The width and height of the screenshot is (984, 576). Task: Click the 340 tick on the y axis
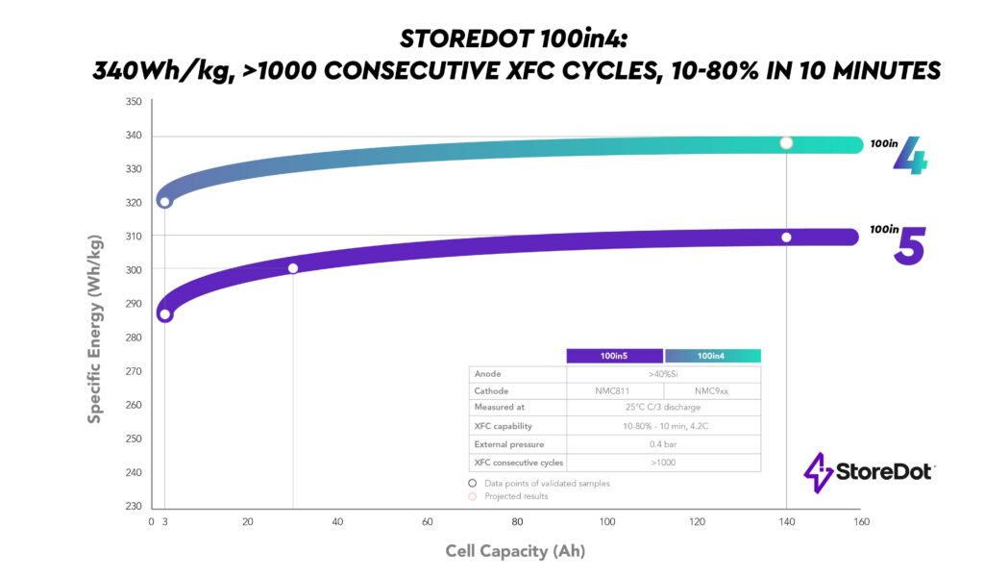tap(134, 136)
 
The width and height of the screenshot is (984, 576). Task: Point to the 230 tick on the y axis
tap(134, 507)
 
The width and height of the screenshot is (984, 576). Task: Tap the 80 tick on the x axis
tap(517, 522)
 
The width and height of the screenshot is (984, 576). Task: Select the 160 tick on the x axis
tap(861, 522)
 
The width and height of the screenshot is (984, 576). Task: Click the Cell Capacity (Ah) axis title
tap(515, 551)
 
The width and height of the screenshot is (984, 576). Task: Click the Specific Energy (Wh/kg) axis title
tap(95, 329)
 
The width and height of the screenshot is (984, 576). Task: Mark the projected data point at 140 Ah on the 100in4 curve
tap(786, 143)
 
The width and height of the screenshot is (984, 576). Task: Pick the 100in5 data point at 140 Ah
tap(786, 238)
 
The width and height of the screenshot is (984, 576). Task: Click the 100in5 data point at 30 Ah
tap(293, 268)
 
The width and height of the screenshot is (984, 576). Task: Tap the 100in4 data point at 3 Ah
tap(165, 202)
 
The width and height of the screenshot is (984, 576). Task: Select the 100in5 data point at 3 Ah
tap(165, 314)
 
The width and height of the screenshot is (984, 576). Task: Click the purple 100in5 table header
tap(615, 356)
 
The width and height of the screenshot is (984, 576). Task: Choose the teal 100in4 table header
tap(712, 356)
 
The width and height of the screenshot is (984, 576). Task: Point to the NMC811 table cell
tap(615, 391)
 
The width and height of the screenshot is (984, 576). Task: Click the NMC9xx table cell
tap(712, 391)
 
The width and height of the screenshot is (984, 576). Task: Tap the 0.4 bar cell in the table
tap(663, 444)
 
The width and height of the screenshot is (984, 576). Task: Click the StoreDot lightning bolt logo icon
tap(818, 473)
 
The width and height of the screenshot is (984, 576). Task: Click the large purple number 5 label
tap(909, 247)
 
